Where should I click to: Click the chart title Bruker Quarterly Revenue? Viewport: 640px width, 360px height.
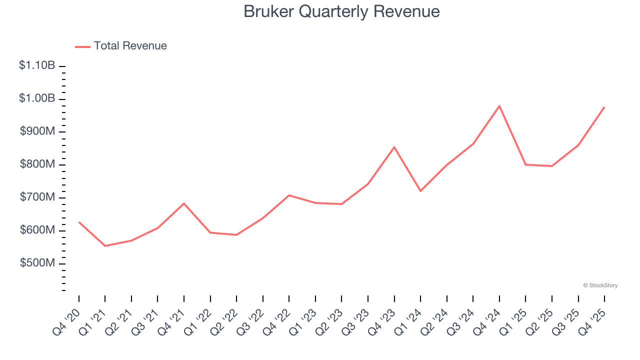pos(341,11)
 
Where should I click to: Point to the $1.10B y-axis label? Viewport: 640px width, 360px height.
pos(37,65)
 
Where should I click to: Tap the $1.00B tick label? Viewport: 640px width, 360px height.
pos(37,98)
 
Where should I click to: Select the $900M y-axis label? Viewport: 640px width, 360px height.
pos(37,131)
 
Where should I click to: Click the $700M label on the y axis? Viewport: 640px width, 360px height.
pos(37,197)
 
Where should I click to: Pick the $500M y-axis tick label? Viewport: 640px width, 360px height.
pos(37,263)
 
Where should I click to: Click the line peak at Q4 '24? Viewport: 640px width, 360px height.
pos(499,106)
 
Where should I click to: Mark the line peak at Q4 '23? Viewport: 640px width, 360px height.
pos(394,147)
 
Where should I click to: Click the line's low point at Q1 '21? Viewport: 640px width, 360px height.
pos(105,246)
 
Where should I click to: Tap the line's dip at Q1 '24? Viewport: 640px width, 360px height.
pos(420,191)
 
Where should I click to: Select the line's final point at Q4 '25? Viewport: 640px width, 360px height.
pos(604,107)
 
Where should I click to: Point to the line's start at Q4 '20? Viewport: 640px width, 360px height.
pos(79,222)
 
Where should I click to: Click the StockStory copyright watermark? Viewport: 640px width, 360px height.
pos(600,285)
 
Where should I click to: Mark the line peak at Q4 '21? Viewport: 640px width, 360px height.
pos(184,203)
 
